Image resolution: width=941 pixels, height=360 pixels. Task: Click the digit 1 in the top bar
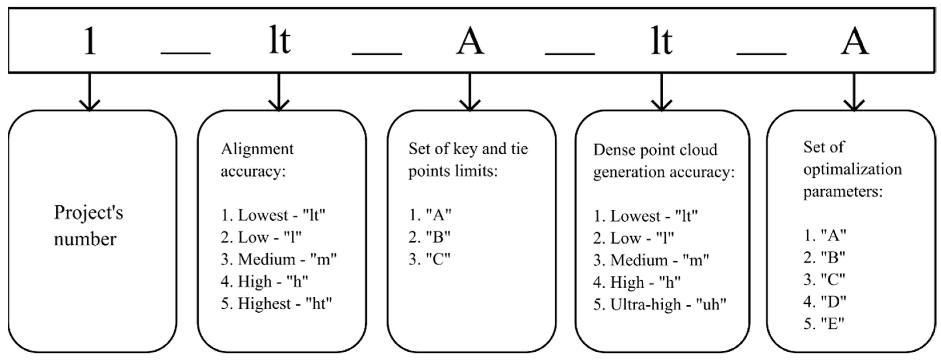click(90, 41)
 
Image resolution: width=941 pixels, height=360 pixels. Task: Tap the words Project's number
click(88, 226)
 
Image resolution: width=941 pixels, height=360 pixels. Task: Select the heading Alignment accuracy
click(257, 160)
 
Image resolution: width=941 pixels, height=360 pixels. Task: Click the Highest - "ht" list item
click(276, 304)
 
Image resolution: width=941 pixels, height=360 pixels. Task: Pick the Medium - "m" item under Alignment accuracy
click(278, 260)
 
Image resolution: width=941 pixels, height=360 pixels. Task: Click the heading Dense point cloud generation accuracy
click(663, 161)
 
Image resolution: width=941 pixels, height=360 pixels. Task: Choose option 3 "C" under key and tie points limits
click(429, 259)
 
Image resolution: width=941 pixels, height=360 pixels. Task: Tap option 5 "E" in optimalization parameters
click(824, 324)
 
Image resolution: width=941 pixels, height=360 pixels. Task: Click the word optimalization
click(852, 170)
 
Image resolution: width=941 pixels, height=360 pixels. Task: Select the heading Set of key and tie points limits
click(468, 160)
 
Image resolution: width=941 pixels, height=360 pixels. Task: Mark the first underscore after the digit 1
click(186, 53)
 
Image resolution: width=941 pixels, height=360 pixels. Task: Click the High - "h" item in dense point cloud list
click(637, 283)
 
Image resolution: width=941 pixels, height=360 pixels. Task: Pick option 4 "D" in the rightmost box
click(825, 301)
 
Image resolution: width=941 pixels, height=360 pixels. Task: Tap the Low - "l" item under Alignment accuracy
click(261, 238)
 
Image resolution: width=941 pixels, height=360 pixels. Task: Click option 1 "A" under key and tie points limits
click(430, 215)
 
